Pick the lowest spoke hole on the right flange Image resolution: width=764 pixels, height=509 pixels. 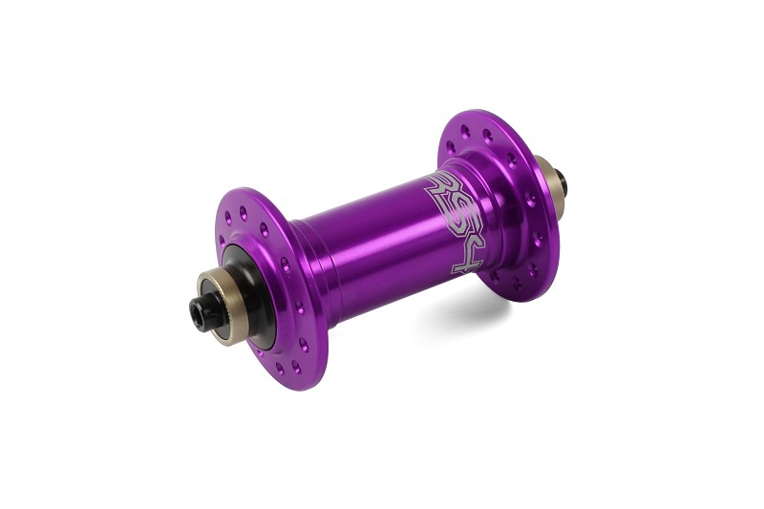tap(517, 286)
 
